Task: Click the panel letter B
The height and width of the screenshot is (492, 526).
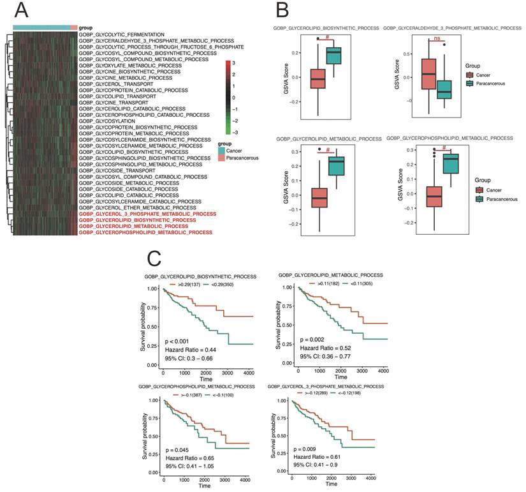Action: pos(282,11)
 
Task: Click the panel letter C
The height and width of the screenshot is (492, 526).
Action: pos(154,259)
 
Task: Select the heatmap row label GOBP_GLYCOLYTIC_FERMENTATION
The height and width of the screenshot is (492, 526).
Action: pos(122,34)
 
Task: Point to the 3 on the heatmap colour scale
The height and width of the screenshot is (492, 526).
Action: pos(234,63)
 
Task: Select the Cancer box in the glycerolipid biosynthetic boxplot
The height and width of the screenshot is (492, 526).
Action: pos(318,78)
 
